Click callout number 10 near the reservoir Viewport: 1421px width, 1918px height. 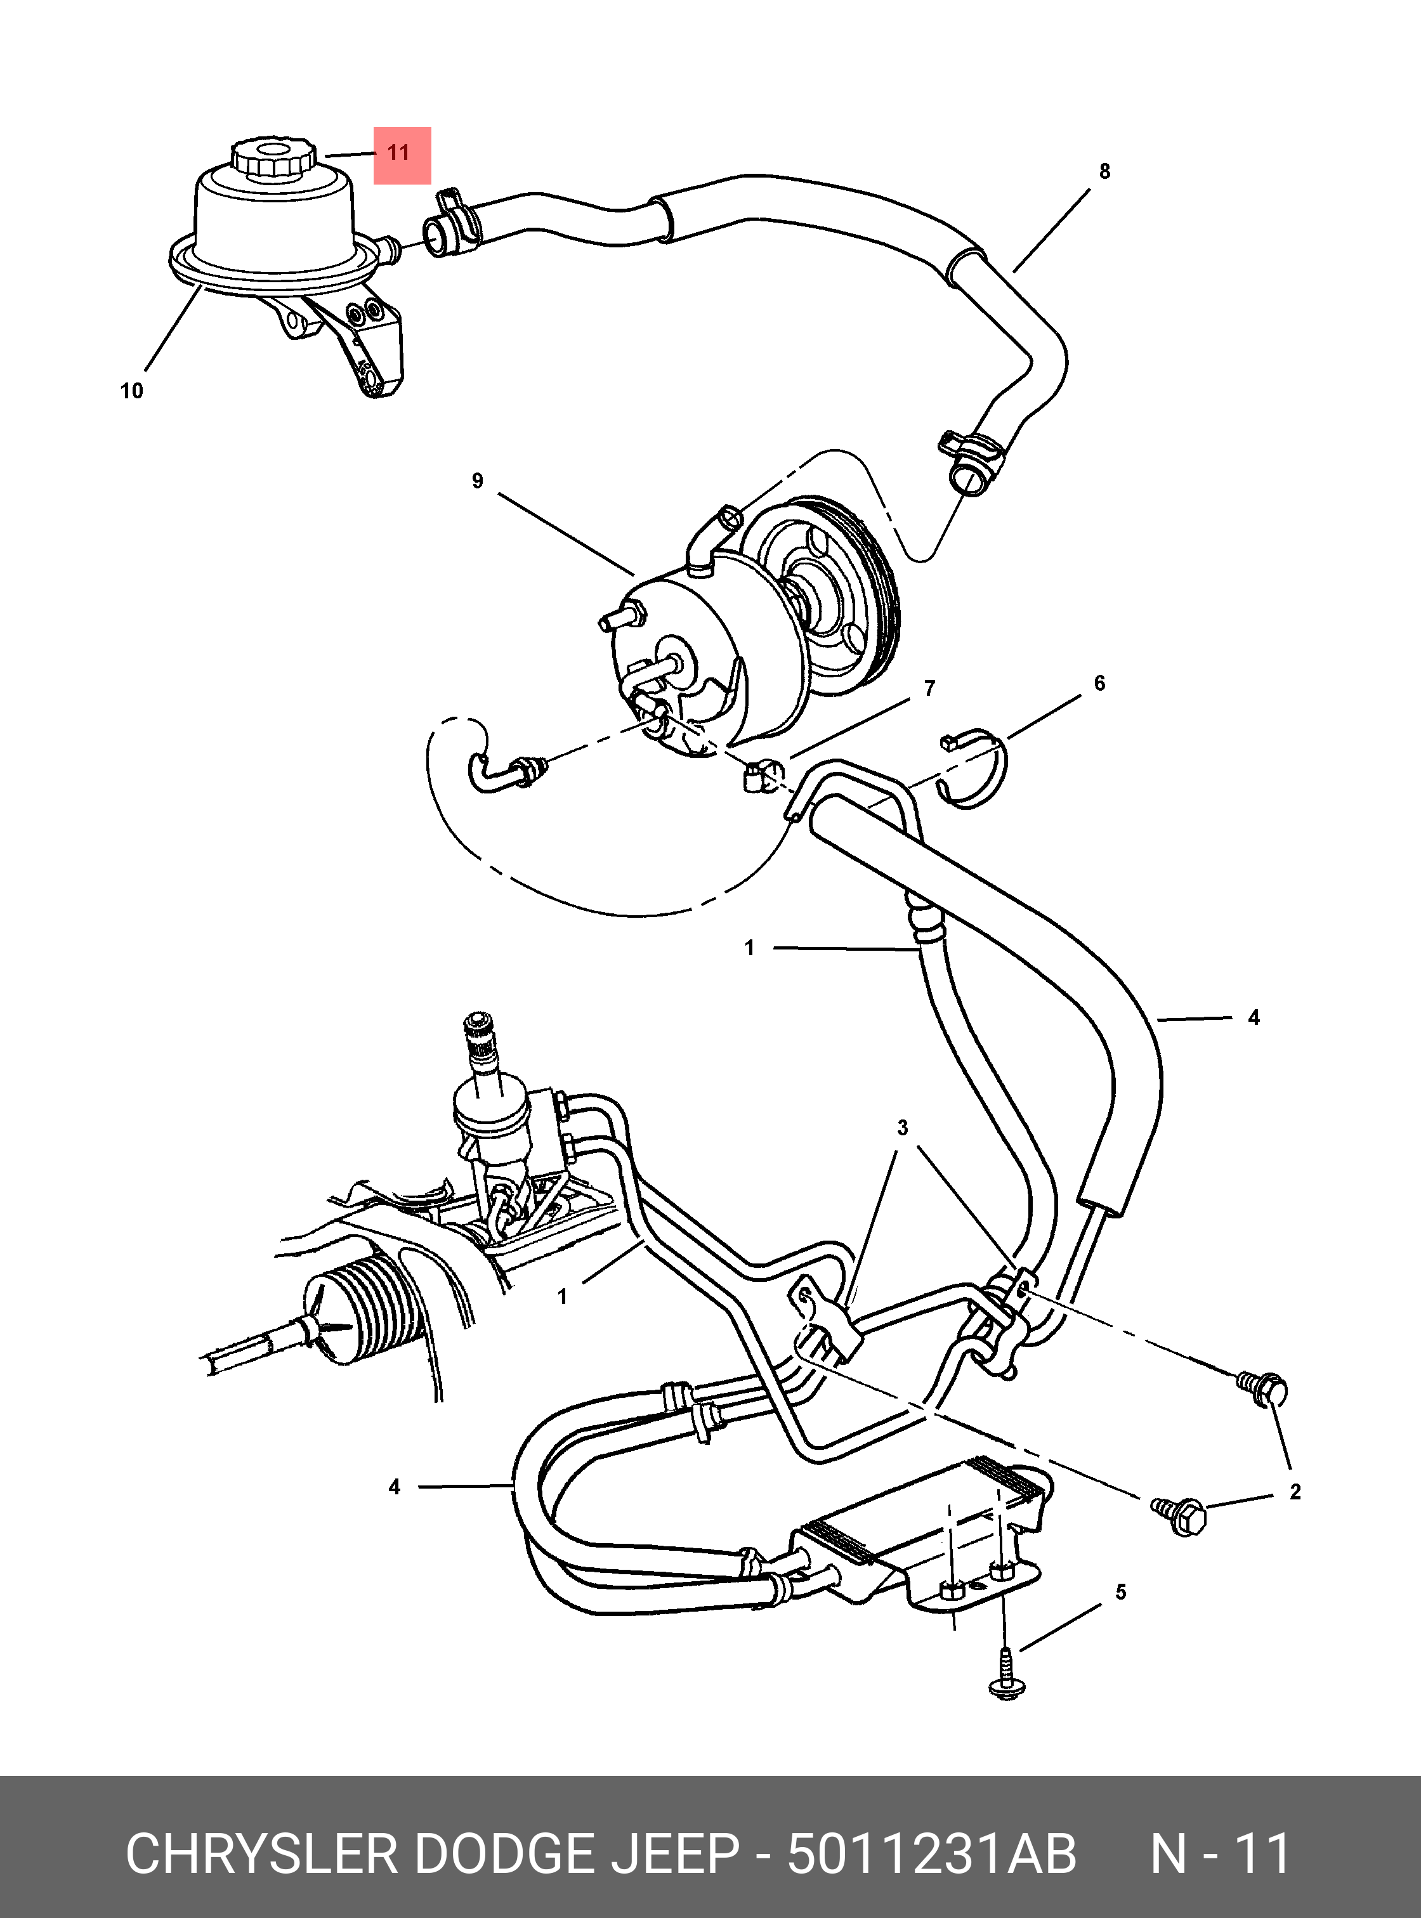[131, 391]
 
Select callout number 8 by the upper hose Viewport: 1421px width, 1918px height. [1104, 171]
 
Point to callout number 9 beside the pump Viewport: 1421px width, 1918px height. [478, 481]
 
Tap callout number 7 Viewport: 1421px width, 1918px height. [929, 688]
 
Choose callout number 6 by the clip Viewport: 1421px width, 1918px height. [1099, 683]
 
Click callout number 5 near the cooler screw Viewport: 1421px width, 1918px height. [1121, 1592]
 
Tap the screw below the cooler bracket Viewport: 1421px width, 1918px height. [1005, 1673]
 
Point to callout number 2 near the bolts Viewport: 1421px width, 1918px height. [1295, 1491]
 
